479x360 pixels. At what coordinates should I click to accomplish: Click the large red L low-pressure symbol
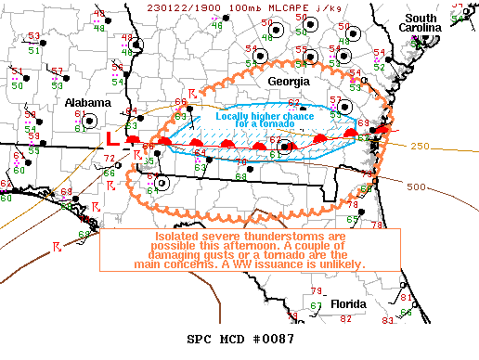[x=112, y=138]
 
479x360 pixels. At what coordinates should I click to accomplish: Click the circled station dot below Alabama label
[x=89, y=120]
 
